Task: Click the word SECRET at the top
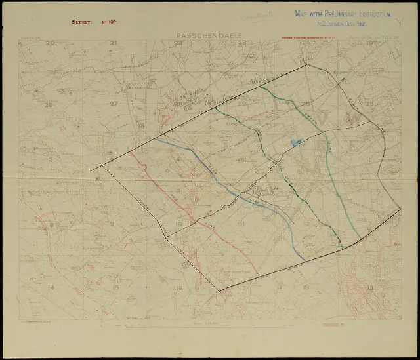[x=85, y=22]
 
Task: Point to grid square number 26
[x=47, y=104]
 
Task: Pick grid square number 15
[x=115, y=287]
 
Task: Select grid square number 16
[x=178, y=287]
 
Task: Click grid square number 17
[x=243, y=287]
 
